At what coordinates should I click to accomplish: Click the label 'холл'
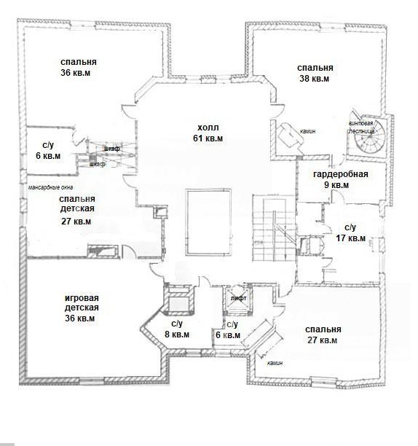pos(208,127)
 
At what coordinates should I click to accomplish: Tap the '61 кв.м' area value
pos(208,138)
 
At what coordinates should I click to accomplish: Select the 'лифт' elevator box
pos(238,299)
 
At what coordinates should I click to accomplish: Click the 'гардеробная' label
pos(340,173)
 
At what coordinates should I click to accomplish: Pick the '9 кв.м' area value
pos(336,185)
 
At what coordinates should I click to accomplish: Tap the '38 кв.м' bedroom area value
pos(315,79)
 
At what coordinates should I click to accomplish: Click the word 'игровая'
pos(82,298)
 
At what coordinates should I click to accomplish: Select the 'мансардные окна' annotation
pos(50,187)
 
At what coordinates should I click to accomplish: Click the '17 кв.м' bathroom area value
pos(351,238)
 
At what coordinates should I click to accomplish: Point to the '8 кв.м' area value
pos(177,334)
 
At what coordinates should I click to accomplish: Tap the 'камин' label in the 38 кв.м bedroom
pos(308,131)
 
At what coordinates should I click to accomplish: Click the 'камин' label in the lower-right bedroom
pos(275,363)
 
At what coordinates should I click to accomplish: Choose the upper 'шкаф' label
pos(111,149)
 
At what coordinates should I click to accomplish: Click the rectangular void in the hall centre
pos(208,222)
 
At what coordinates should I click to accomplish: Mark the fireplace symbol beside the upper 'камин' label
pos(291,135)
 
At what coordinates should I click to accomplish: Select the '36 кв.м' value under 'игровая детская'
pos(79,318)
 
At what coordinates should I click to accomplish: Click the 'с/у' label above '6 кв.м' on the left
pos(48,145)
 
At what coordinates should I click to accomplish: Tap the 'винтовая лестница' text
pos(361,128)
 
